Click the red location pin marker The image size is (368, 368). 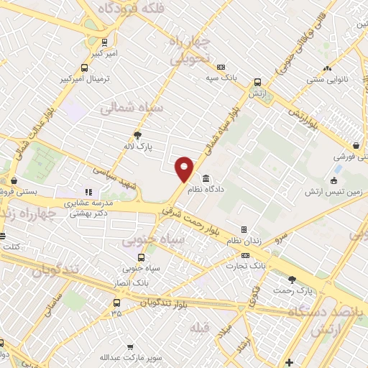(x=185, y=168)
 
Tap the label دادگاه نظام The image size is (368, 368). (x=206, y=190)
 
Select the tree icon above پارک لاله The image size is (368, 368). (x=138, y=134)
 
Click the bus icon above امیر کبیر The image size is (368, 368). (x=105, y=42)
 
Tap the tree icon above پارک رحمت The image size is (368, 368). (x=291, y=279)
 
